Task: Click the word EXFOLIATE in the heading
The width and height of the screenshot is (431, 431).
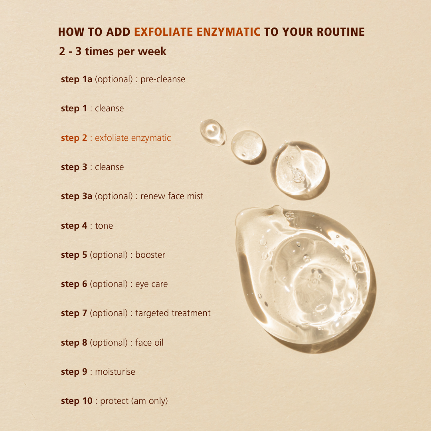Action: pyautogui.click(x=163, y=32)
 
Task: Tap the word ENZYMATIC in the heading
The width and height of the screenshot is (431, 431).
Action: pyautogui.click(x=228, y=32)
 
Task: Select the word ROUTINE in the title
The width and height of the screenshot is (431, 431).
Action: pyautogui.click(x=340, y=32)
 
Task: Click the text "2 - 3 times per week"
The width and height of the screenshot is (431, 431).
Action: pyautogui.click(x=113, y=51)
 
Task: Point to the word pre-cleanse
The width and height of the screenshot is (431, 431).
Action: pyautogui.click(x=163, y=79)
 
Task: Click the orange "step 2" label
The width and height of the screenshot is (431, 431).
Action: pyautogui.click(x=74, y=138)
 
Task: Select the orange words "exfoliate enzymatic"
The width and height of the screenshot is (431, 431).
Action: pyautogui.click(x=133, y=138)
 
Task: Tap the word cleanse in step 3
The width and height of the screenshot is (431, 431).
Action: pyautogui.click(x=109, y=167)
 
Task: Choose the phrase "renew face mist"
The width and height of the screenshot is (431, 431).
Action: pyautogui.click(x=172, y=196)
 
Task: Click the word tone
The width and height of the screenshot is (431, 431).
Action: pyautogui.click(x=104, y=225)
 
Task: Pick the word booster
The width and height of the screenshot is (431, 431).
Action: pyautogui.click(x=150, y=255)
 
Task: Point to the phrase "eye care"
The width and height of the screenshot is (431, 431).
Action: pyautogui.click(x=152, y=284)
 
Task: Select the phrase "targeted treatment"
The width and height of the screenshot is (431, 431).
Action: pyautogui.click(x=173, y=313)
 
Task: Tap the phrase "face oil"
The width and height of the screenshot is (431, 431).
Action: pyautogui.click(x=149, y=342)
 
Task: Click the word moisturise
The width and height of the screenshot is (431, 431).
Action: pyautogui.click(x=115, y=372)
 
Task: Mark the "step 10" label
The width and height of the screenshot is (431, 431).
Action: pyautogui.click(x=77, y=401)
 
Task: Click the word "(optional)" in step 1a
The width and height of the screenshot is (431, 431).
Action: pyautogui.click(x=114, y=79)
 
